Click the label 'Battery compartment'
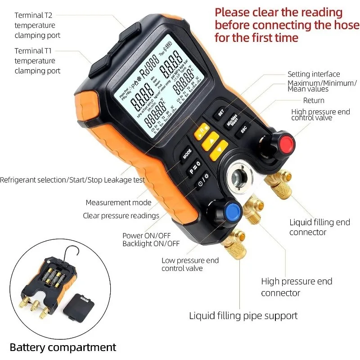tap(63, 347)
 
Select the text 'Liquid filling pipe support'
tap(243, 315)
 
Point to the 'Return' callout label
tap(314, 100)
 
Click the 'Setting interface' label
tap(314, 74)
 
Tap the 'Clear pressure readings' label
tap(121, 216)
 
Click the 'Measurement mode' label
tap(119, 202)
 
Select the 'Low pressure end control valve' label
tap(190, 264)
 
